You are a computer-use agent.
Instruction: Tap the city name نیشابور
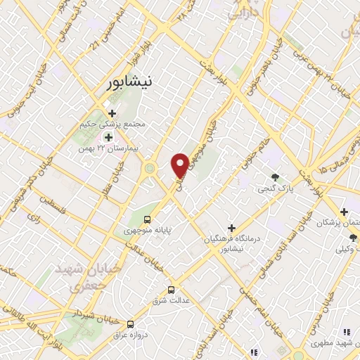click(134, 82)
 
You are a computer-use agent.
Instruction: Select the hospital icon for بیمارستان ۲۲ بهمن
click(108, 137)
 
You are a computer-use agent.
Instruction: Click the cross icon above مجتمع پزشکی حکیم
click(111, 112)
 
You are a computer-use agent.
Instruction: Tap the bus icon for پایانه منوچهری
click(148, 219)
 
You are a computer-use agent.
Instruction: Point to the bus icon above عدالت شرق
click(171, 290)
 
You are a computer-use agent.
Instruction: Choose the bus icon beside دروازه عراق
click(131, 324)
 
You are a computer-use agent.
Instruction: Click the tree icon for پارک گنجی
click(275, 178)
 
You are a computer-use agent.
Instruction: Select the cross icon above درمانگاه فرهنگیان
click(231, 227)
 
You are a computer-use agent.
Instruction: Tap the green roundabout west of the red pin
click(150, 168)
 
